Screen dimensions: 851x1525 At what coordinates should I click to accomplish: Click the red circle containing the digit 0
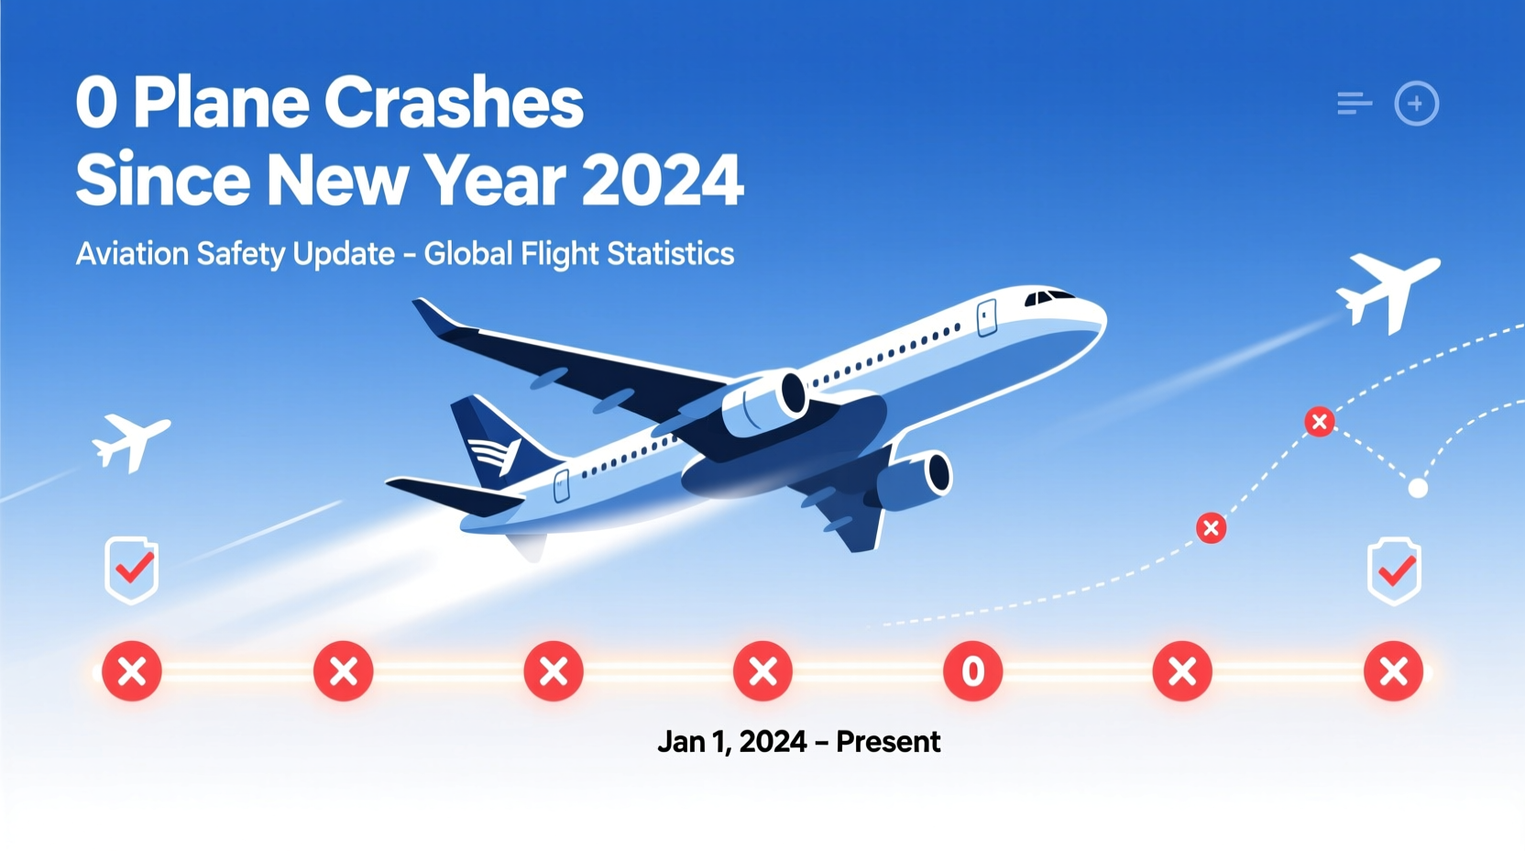pos(972,671)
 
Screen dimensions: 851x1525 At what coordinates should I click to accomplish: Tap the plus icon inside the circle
pos(1416,104)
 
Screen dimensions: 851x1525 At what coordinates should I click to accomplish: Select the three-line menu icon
pos(1354,104)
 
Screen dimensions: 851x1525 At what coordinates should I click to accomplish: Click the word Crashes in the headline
pos(454,103)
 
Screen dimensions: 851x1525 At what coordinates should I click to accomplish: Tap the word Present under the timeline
pos(887,741)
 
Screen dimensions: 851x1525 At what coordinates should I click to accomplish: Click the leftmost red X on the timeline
pos(132,671)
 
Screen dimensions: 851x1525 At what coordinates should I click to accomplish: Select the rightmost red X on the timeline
pos(1393,671)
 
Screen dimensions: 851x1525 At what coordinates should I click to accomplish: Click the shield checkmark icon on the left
pos(132,570)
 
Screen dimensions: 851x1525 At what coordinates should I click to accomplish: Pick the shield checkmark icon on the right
pos(1394,571)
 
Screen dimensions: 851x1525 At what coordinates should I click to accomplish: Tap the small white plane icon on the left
pos(131,442)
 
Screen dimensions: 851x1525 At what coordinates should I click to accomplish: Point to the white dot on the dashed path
pos(1418,488)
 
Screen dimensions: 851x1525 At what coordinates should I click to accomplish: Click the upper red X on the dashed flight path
pos(1319,422)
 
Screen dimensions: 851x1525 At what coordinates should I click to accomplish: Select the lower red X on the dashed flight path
pos(1211,528)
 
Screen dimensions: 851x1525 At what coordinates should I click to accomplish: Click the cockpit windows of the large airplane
pos(1048,297)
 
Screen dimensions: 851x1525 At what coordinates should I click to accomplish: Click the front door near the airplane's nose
pos(987,317)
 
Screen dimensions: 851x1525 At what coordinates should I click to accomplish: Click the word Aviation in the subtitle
pos(132,254)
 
